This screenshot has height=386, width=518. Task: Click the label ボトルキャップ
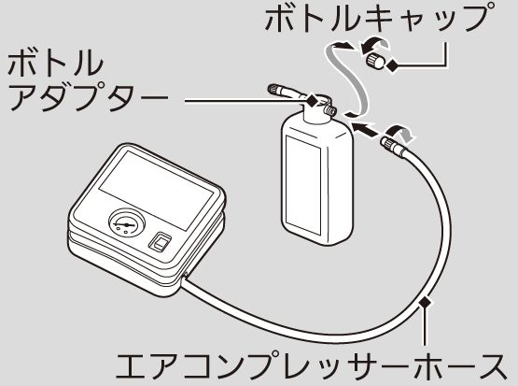[x=377, y=20]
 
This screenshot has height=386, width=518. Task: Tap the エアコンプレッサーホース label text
[x=311, y=366]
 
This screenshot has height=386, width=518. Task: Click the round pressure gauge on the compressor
[x=127, y=222]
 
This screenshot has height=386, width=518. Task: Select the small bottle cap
[x=375, y=62]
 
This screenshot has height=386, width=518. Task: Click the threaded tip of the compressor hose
[x=387, y=143]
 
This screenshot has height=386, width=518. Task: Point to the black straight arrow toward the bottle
[x=365, y=129]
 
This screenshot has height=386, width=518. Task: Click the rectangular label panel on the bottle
[x=303, y=185]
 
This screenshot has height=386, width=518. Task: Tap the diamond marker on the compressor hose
[x=426, y=302]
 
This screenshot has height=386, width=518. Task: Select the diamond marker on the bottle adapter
[x=312, y=99]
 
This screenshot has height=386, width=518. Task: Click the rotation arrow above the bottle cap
[x=374, y=45]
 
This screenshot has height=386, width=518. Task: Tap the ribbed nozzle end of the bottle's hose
[x=274, y=90]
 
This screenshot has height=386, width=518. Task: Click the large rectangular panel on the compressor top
[x=156, y=190]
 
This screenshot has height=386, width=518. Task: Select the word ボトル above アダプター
[x=55, y=64]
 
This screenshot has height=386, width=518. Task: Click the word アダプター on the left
[x=88, y=96]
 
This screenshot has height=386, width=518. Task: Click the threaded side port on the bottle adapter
[x=330, y=109]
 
